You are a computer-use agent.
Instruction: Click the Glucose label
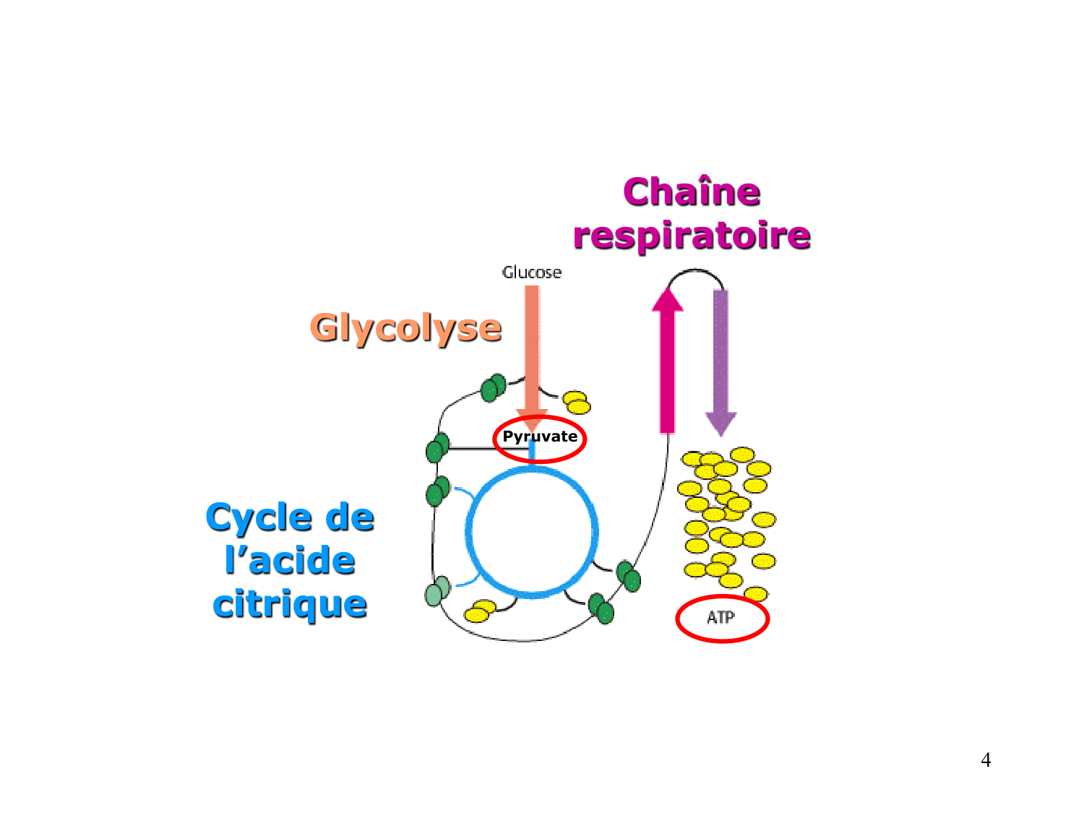pyautogui.click(x=532, y=272)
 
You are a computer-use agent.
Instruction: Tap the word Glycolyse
pyautogui.click(x=405, y=328)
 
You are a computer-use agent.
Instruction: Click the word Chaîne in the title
pyautogui.click(x=692, y=192)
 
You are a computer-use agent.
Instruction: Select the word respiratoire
pyautogui.click(x=692, y=236)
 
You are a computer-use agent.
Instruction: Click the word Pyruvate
pyautogui.click(x=540, y=436)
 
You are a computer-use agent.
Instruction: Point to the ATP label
pyautogui.click(x=720, y=617)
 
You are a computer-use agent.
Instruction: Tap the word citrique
pyautogui.click(x=290, y=604)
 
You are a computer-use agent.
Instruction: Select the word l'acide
pyautogui.click(x=290, y=561)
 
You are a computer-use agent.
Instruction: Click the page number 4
pyautogui.click(x=986, y=760)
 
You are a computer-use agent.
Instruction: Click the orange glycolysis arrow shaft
pyautogui.click(x=532, y=347)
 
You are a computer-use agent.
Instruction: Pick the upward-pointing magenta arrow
pyautogui.click(x=667, y=361)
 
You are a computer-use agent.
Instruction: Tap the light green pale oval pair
pyautogui.click(x=437, y=591)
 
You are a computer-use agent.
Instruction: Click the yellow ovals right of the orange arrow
pyautogui.click(x=577, y=403)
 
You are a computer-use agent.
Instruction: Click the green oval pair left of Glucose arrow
pyautogui.click(x=493, y=388)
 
